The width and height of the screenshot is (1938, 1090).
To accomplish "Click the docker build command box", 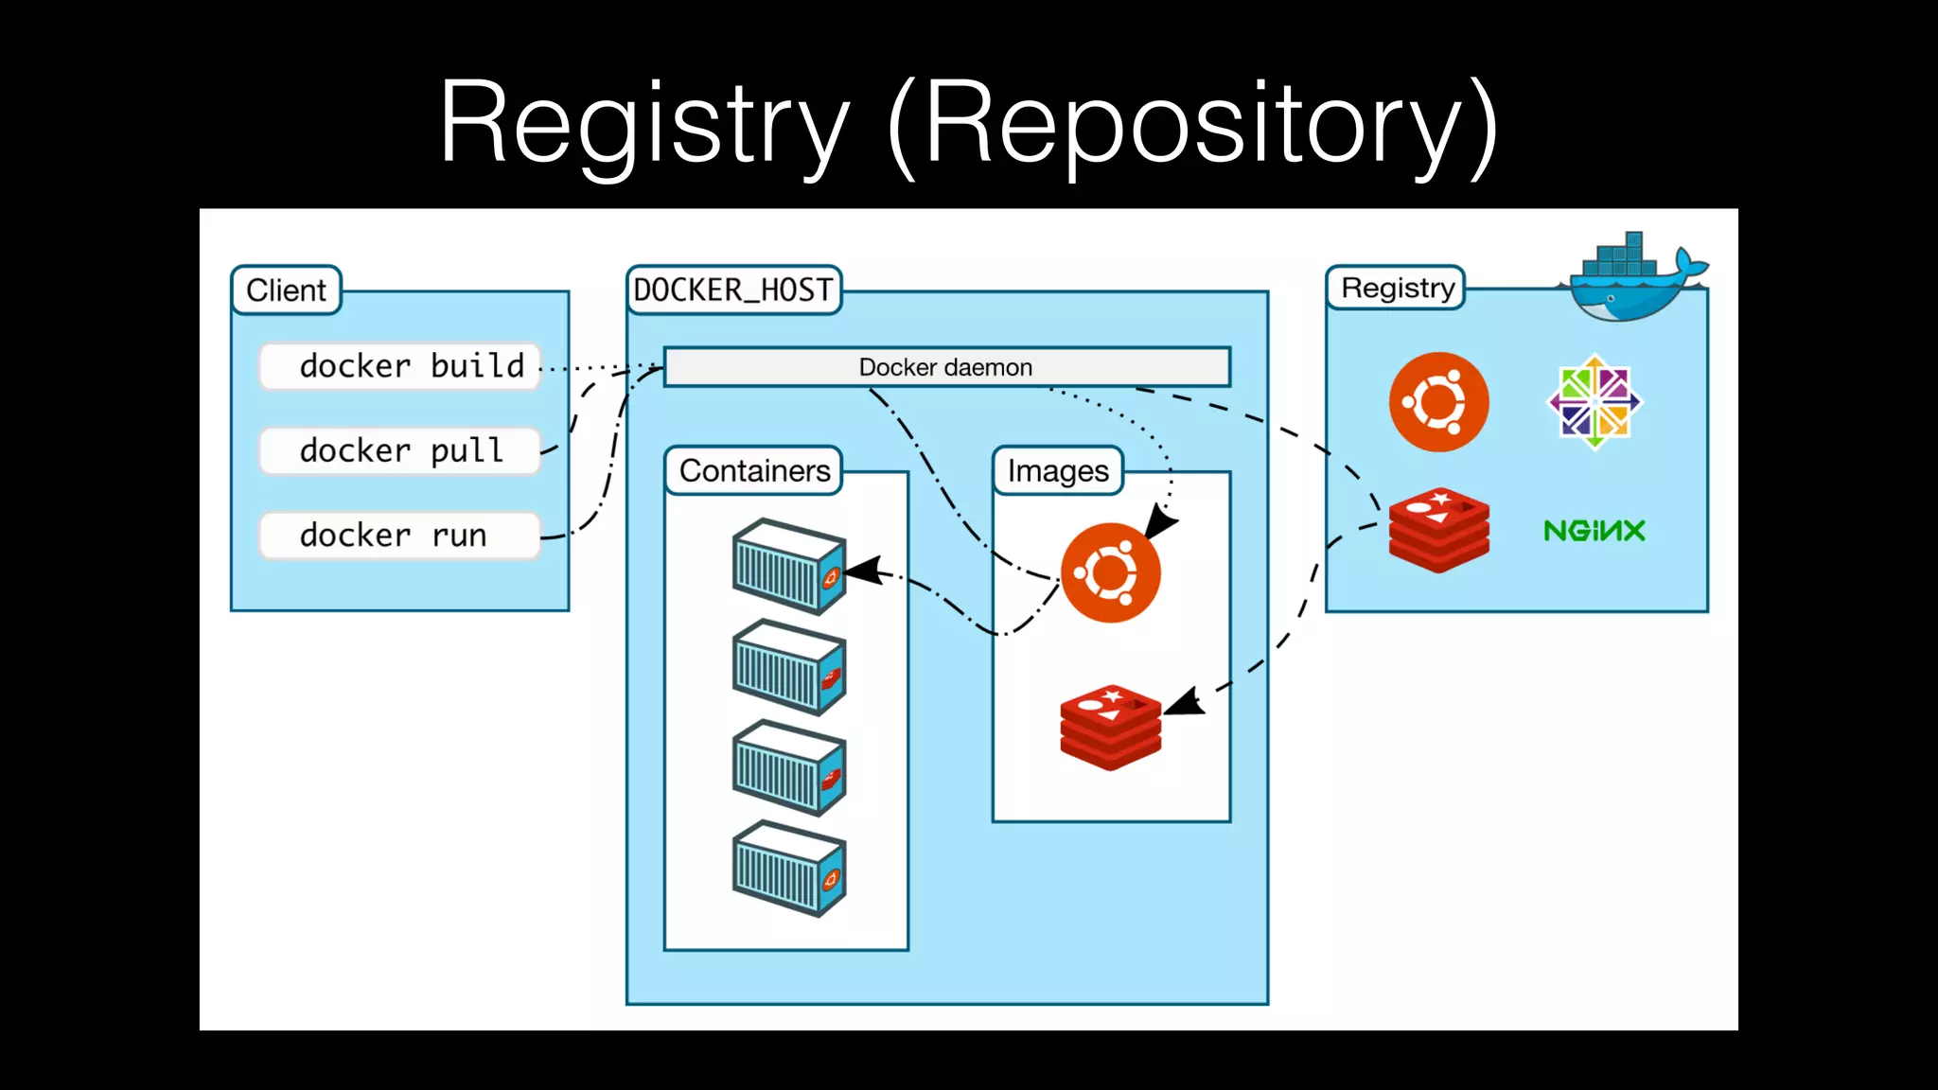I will pos(400,366).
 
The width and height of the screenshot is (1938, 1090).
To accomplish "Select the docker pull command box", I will pos(400,450).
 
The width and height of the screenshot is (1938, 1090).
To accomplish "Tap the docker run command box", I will pos(400,536).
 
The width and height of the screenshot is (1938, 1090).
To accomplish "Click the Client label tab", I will pos(286,290).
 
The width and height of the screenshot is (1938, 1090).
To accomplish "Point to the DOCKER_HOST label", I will pos(733,290).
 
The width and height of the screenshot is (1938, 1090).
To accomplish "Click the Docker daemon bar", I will pos(946,367).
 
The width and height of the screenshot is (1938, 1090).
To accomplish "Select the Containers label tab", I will pos(754,470).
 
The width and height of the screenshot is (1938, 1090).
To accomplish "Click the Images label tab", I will pos(1057,470).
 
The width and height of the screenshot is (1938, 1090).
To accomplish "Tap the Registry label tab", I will pos(1397,288).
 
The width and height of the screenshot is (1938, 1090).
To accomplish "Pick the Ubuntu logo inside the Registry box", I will pos(1438,402).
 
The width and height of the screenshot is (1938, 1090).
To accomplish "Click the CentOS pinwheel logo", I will pos(1594,402).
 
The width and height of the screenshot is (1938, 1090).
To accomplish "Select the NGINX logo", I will pos(1594,531).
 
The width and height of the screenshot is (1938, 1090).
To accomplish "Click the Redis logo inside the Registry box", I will pos(1438,531).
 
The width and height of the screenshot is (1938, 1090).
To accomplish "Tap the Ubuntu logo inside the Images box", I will pos(1110,572).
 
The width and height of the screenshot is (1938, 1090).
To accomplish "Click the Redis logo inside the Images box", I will pos(1110,727).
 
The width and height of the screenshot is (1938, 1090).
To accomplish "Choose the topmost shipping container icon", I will pos(788,566).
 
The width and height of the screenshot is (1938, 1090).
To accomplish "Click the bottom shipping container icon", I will pos(788,869).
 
